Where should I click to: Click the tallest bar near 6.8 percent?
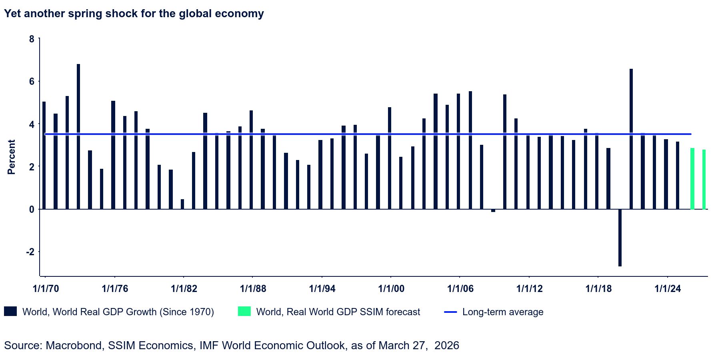[78, 136]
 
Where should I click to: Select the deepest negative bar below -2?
[620, 238]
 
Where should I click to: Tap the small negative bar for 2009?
[493, 210]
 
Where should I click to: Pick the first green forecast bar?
[692, 179]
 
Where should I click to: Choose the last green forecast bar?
[704, 180]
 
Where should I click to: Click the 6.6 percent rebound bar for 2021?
[631, 139]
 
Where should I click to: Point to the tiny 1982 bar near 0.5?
[182, 204]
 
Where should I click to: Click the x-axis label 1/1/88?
[253, 289]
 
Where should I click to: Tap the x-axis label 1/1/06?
[460, 289]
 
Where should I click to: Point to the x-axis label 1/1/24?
[668, 289]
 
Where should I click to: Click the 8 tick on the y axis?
[32, 39]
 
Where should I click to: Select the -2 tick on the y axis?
[30, 252]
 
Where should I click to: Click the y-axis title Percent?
[11, 157]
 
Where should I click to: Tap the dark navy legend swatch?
[10, 311]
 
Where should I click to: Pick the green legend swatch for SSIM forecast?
[244, 311]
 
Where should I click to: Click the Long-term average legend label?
[503, 312]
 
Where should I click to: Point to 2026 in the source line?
[447, 345]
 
